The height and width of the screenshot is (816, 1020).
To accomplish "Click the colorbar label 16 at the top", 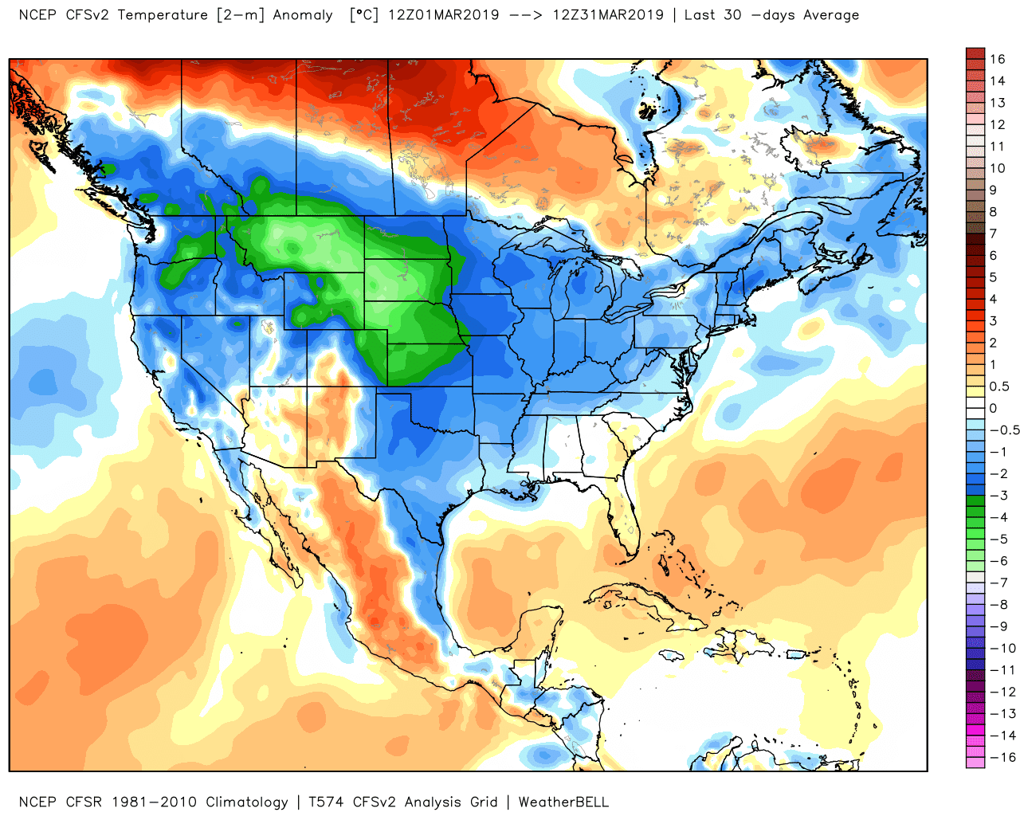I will click(x=998, y=59).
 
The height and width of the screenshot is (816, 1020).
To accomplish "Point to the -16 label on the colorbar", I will click(x=1002, y=757).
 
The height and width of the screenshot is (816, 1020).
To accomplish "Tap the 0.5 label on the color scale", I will click(x=999, y=386).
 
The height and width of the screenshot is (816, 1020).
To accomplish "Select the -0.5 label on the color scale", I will click(x=1004, y=430).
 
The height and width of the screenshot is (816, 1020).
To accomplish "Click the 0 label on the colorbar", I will click(x=993, y=408).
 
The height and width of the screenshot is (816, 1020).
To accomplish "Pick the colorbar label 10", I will click(x=998, y=168).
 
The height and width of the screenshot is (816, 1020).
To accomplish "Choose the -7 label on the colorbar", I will click(x=998, y=583).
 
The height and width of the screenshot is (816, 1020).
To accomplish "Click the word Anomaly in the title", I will click(x=303, y=15).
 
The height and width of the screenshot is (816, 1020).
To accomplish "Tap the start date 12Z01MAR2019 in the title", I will click(x=443, y=15).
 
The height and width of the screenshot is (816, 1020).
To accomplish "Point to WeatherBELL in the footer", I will click(x=563, y=802).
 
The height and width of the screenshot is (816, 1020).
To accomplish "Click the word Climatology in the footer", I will click(x=246, y=802).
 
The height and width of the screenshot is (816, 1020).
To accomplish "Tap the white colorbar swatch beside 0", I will click(x=975, y=408).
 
